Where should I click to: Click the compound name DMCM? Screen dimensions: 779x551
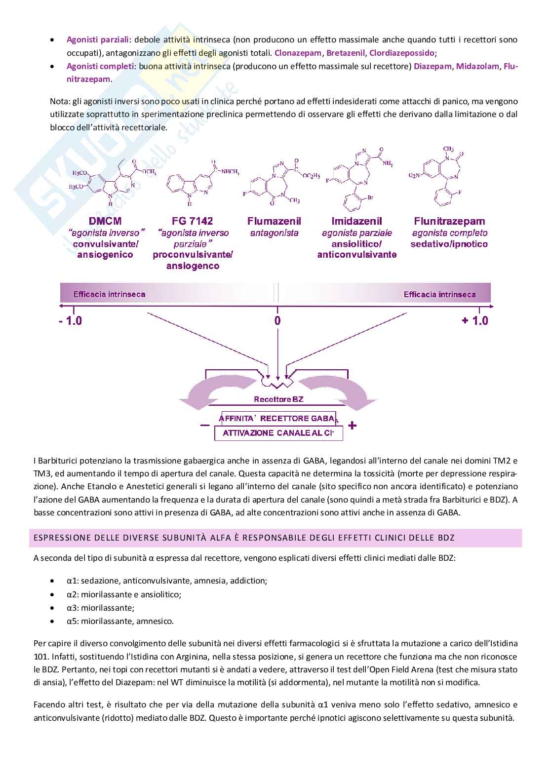[x=105, y=221]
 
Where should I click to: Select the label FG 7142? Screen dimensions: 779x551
[x=192, y=221]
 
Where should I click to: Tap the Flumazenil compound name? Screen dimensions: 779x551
[x=274, y=221]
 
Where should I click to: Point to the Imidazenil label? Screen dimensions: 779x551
[x=356, y=221]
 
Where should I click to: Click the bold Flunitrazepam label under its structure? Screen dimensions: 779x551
[x=449, y=221]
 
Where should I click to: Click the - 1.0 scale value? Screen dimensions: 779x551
[x=70, y=321]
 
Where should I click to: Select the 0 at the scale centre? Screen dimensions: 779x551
[x=277, y=321]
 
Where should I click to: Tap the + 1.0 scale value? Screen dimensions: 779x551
[x=475, y=321]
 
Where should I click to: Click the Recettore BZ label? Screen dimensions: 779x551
[x=278, y=399]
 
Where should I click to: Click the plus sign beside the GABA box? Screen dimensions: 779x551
[x=352, y=426]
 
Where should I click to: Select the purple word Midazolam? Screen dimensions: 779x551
[x=477, y=66]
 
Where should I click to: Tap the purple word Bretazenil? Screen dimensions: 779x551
[x=346, y=53]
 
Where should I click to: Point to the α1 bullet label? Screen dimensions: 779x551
[x=72, y=581]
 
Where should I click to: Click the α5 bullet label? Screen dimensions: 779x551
[x=72, y=621]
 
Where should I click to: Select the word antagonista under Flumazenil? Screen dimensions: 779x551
[x=274, y=233]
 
